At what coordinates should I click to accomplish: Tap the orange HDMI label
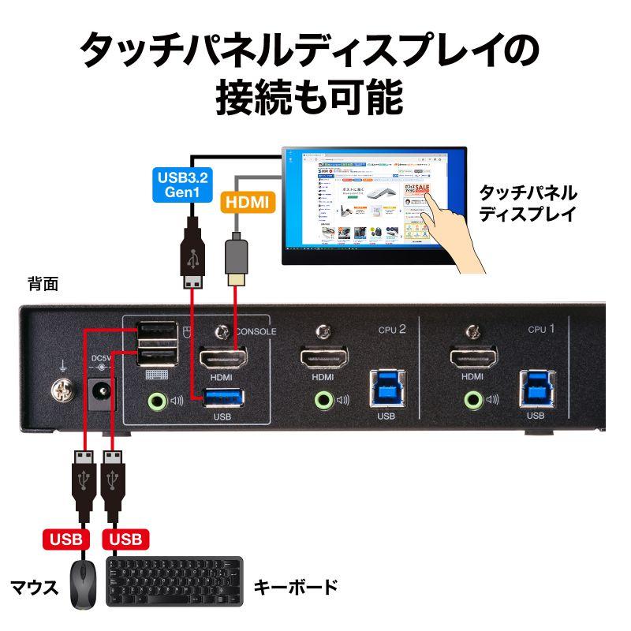[246, 203]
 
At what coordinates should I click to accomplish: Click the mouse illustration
[82, 584]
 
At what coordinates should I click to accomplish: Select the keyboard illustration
[175, 584]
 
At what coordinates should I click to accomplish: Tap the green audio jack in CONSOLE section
[156, 399]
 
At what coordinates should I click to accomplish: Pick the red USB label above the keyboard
[124, 540]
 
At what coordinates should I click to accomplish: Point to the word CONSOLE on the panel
[256, 332]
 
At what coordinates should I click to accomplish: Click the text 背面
[43, 285]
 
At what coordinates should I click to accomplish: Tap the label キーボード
[295, 587]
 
